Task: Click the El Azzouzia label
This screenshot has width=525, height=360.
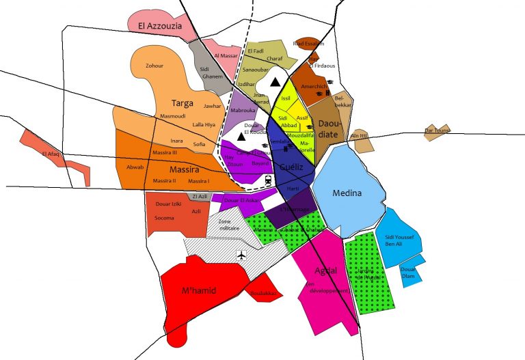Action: [159, 27]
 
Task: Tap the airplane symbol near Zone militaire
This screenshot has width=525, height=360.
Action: [241, 255]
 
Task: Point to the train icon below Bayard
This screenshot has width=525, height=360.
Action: [269, 180]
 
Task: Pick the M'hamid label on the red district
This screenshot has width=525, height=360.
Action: [200, 290]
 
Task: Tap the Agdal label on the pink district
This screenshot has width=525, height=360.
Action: [325, 271]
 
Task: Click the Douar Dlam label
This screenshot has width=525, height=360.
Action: [407, 272]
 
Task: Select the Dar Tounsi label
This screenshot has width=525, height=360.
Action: [438, 130]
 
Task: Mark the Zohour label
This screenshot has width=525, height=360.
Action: [155, 66]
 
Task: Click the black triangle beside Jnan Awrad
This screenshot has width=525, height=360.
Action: [275, 82]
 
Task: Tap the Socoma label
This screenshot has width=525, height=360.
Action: [165, 218]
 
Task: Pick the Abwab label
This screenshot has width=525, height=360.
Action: [135, 167]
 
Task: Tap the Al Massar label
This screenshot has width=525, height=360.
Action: [225, 55]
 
